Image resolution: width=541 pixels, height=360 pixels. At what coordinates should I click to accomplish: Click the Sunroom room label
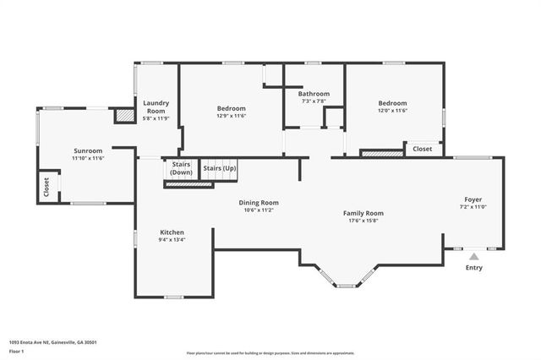[87, 150]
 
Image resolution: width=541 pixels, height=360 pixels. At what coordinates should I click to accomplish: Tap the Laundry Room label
[156, 107]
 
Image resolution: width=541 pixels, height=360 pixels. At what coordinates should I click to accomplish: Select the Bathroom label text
[314, 94]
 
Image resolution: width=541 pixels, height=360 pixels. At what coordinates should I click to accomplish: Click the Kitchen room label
[172, 232]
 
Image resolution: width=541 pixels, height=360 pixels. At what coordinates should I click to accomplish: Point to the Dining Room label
[258, 203]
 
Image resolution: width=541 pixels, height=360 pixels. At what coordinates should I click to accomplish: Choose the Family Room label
[363, 213]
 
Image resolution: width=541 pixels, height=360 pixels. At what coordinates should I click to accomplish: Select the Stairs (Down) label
[181, 167]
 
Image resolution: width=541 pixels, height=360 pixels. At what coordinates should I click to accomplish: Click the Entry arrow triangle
[474, 256]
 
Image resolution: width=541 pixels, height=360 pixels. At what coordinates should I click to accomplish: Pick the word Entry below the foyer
[474, 268]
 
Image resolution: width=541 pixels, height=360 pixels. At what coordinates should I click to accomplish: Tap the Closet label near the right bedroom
[422, 149]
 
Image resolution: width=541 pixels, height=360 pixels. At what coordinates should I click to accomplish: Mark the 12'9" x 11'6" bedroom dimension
[231, 116]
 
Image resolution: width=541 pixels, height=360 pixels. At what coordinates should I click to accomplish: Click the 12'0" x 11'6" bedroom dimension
[392, 111]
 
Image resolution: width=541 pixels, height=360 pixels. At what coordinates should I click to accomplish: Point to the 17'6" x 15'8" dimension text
[363, 221]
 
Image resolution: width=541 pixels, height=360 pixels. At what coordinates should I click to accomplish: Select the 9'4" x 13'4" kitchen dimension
[172, 240]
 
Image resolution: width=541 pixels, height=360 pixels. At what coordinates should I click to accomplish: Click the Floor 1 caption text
[17, 350]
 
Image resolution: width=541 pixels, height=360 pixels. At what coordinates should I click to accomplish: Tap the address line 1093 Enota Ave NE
[52, 341]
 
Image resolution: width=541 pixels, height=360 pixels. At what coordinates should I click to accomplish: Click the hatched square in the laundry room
[124, 115]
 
